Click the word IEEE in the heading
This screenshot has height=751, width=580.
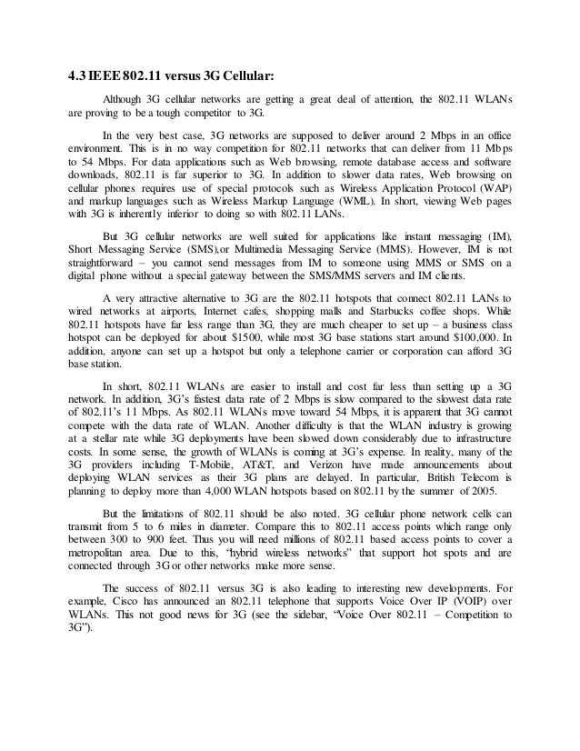point(108,75)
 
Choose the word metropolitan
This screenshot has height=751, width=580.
point(105,550)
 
